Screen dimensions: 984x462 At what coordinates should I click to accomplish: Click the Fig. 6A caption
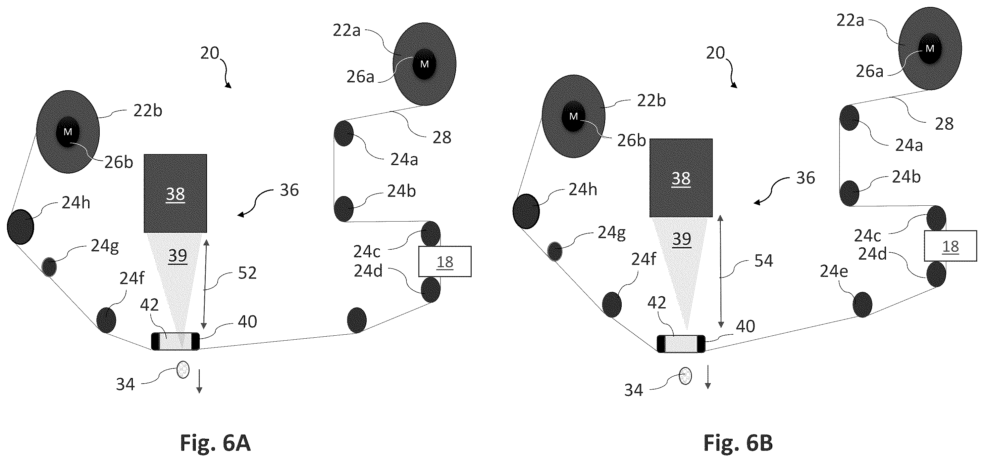[x=215, y=443]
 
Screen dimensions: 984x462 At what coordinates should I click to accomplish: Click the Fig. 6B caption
[x=738, y=443]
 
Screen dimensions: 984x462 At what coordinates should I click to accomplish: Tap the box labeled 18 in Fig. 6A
[x=444, y=262]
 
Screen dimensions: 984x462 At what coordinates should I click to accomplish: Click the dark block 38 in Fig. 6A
[x=175, y=193]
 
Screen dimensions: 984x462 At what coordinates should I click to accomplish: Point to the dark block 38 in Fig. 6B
[x=681, y=178]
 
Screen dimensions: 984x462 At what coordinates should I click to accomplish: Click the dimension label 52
[x=247, y=273]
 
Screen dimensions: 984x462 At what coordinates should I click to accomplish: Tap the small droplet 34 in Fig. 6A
[x=183, y=370]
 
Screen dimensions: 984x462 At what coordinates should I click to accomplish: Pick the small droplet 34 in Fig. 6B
[x=685, y=376]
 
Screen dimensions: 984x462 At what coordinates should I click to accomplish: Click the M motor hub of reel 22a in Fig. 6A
[x=424, y=64]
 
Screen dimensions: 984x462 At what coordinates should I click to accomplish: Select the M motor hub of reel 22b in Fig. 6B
[x=573, y=116]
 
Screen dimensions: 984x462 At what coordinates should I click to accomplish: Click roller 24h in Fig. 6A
[x=21, y=227]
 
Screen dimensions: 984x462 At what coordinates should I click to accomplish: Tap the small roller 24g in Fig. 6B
[x=555, y=251]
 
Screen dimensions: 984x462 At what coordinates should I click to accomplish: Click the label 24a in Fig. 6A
[x=404, y=159]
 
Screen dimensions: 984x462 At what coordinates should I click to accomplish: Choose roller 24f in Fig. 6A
[x=106, y=320]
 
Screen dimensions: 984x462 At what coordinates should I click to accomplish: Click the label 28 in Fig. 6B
[x=944, y=124]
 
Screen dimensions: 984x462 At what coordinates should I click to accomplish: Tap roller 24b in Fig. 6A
[x=344, y=209]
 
